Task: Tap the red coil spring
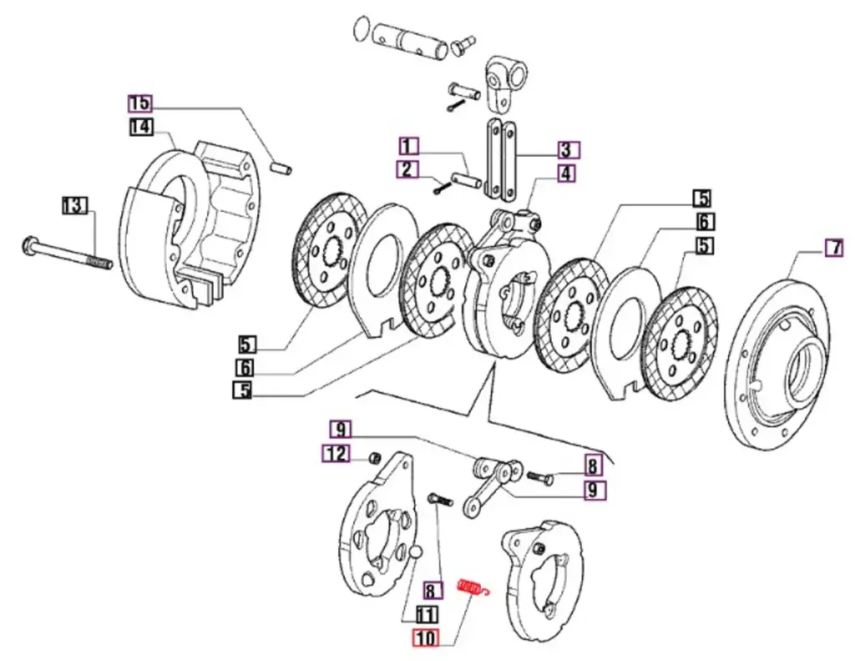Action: pyautogui.click(x=473, y=588)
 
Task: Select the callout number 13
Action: pyautogui.click(x=76, y=205)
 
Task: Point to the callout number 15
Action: pyautogui.click(x=139, y=103)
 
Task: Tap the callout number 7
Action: pyautogui.click(x=833, y=247)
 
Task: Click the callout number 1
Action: pyautogui.click(x=407, y=147)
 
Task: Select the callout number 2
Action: pyautogui.click(x=407, y=170)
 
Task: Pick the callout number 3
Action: pyautogui.click(x=568, y=151)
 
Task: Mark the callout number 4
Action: pyautogui.click(x=568, y=174)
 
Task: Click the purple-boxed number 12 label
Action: pyautogui.click(x=336, y=453)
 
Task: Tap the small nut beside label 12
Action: pyautogui.click(x=376, y=457)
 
